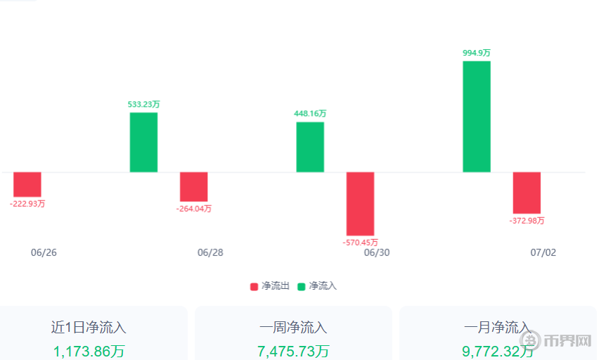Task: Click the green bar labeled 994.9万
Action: (477, 116)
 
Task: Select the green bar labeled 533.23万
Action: (143, 142)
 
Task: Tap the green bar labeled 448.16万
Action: (310, 147)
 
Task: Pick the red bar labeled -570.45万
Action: (360, 204)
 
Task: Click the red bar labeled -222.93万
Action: (27, 184)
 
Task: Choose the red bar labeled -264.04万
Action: (194, 187)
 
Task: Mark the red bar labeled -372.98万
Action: (527, 193)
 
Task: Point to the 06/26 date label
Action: (44, 252)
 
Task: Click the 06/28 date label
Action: (210, 252)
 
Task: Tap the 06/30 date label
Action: (377, 252)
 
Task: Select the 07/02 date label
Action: (543, 252)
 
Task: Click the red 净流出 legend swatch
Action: (255, 287)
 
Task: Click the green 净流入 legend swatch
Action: (302, 287)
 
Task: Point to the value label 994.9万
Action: (477, 53)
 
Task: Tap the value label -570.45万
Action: (360, 243)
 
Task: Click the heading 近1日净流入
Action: (89, 328)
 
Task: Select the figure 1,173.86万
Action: (89, 351)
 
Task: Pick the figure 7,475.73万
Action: (293, 351)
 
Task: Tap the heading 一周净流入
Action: (293, 328)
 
